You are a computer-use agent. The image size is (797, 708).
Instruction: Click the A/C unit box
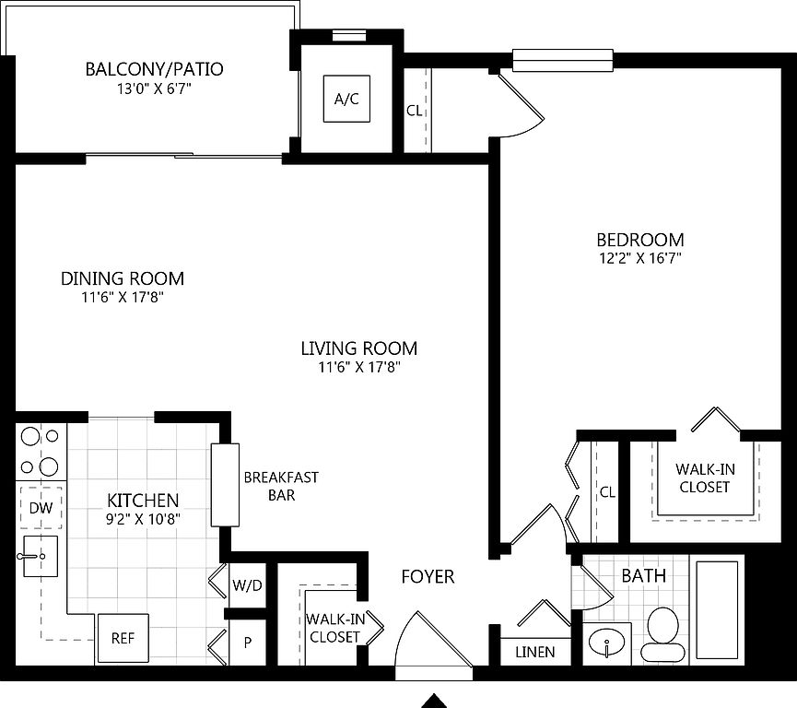[x=346, y=99]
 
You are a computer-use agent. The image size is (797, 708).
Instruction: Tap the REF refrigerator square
[x=123, y=638]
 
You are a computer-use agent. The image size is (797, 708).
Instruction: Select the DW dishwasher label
[x=41, y=508]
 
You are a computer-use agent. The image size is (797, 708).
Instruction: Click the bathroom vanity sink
[x=607, y=642]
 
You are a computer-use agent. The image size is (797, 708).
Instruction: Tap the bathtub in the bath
[x=717, y=609]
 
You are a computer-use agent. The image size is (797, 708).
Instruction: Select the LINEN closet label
[x=535, y=652]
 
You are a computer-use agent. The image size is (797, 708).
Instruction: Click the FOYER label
[x=428, y=576]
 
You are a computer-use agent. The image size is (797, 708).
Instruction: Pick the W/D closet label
[x=247, y=585]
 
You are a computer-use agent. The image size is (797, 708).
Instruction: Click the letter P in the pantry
[x=248, y=643]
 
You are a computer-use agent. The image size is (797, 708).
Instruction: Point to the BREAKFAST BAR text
[x=281, y=486]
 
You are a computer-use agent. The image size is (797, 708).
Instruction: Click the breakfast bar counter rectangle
[x=225, y=485]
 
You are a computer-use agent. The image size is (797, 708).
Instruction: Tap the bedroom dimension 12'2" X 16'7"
[x=640, y=258]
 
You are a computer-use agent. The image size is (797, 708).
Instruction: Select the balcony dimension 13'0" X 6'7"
[x=154, y=89]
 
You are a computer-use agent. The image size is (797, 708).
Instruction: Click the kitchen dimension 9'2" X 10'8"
[x=144, y=519]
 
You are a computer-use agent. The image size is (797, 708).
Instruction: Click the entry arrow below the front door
[x=434, y=701]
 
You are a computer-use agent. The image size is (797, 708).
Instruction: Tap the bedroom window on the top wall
[x=563, y=61]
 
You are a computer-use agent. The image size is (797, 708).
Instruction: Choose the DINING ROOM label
[x=123, y=278]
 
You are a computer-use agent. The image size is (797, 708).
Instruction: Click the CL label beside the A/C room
[x=415, y=111]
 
